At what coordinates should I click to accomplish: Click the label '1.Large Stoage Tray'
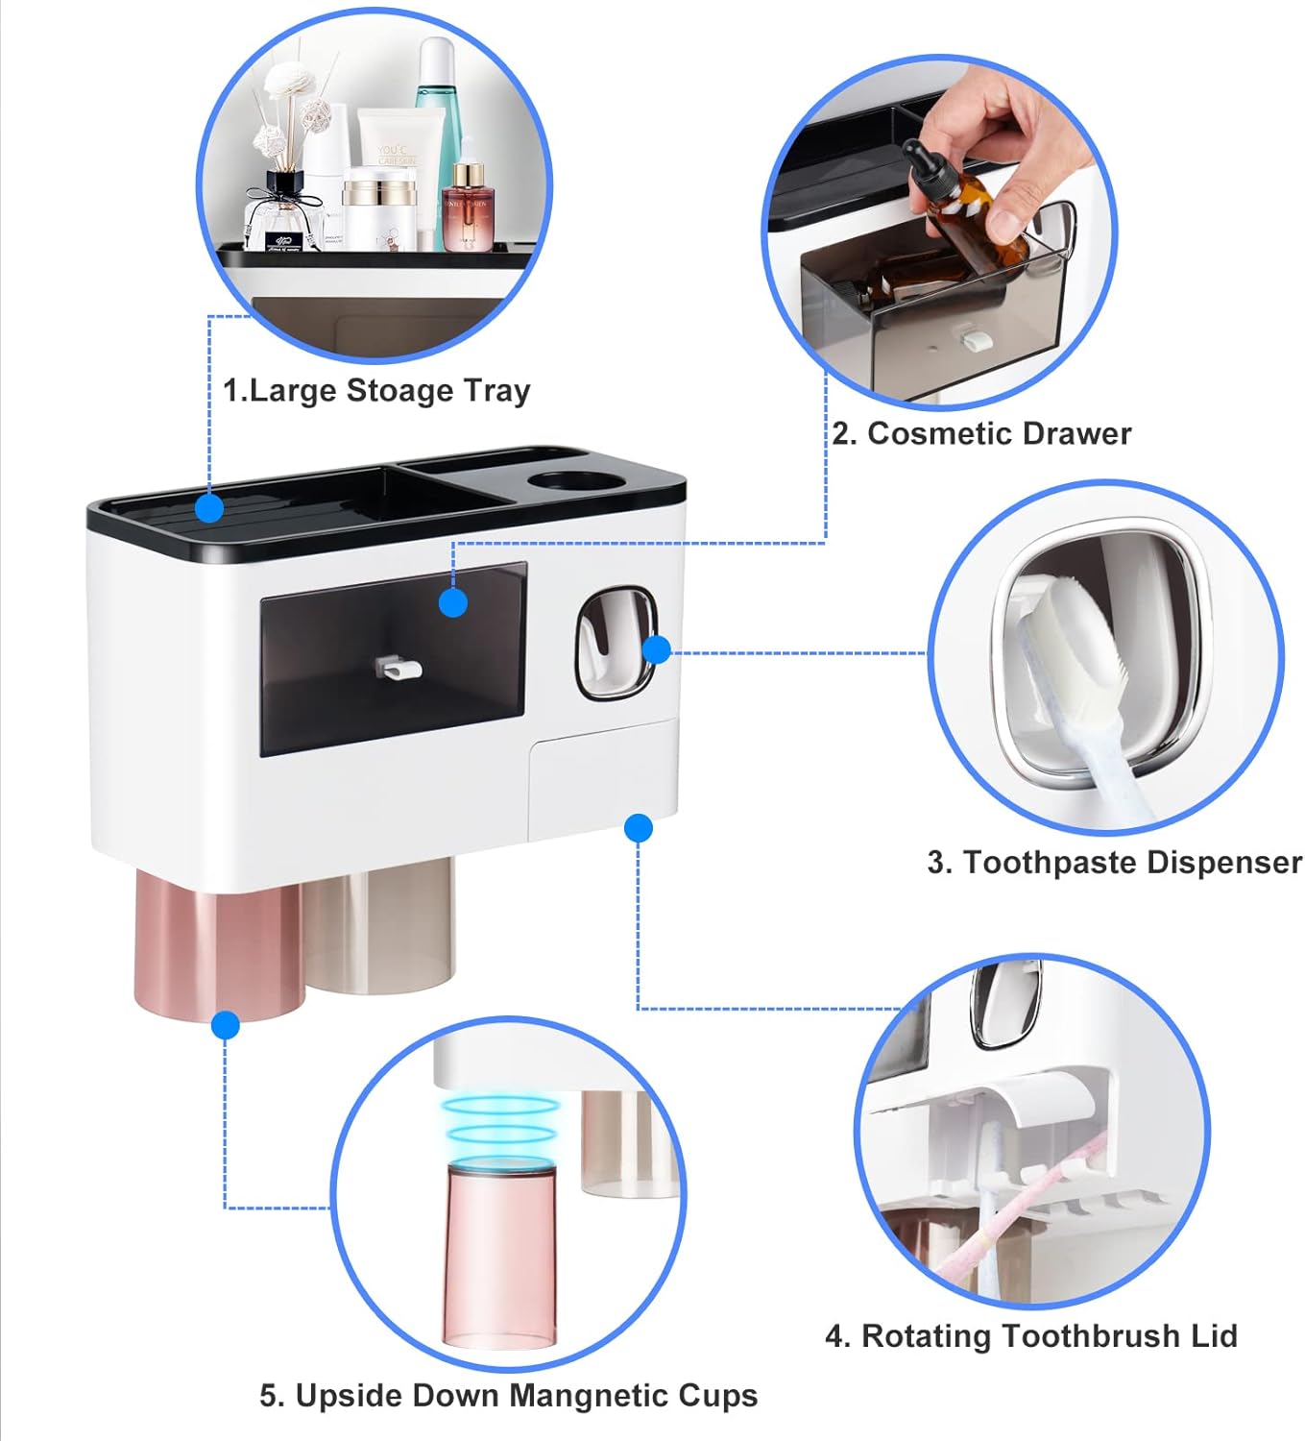(x=376, y=392)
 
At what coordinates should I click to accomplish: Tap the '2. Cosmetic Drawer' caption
(x=981, y=433)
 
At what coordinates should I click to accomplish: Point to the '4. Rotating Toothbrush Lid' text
(x=1031, y=1336)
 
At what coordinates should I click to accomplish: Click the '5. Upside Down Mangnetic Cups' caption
(x=509, y=1396)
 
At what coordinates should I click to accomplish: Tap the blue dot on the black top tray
(x=209, y=508)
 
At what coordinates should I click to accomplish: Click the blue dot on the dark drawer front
(x=452, y=602)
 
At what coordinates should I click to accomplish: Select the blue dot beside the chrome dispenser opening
(x=657, y=650)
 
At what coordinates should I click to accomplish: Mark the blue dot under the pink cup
(x=226, y=1025)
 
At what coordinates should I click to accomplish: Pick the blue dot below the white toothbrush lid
(x=638, y=828)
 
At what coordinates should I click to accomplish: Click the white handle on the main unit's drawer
(x=399, y=669)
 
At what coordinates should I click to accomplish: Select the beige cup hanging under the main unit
(x=379, y=927)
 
